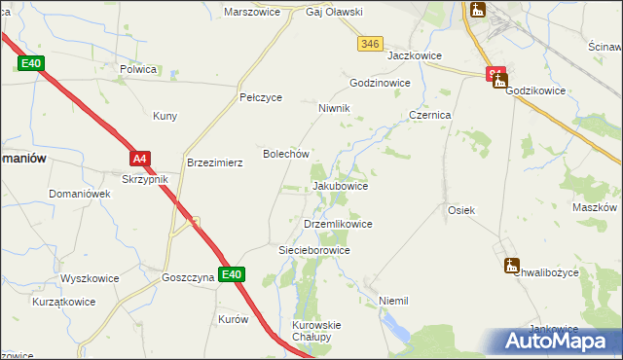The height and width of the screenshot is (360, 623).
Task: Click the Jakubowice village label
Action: pos(340,185)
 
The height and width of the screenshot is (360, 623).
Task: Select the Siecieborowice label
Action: pos(314,250)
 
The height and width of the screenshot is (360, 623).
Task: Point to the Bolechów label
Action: pos(286,154)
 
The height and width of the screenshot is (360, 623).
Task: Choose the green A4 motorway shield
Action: pos(140,159)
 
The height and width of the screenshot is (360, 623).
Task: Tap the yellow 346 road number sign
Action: pos(369,44)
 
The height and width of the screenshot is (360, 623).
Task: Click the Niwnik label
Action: pos(334,108)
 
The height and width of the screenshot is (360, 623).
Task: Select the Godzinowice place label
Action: pos(380,83)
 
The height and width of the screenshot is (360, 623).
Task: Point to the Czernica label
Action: pos(429,114)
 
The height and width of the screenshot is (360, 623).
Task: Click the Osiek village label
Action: pos(460,210)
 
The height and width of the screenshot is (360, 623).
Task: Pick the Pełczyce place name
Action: pos(261,98)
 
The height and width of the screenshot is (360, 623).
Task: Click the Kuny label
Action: pos(165,117)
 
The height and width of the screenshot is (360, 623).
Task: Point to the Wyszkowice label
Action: pos(90,278)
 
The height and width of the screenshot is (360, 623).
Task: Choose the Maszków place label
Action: pos(596,207)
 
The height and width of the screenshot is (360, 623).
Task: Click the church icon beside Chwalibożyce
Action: pos(512,265)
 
